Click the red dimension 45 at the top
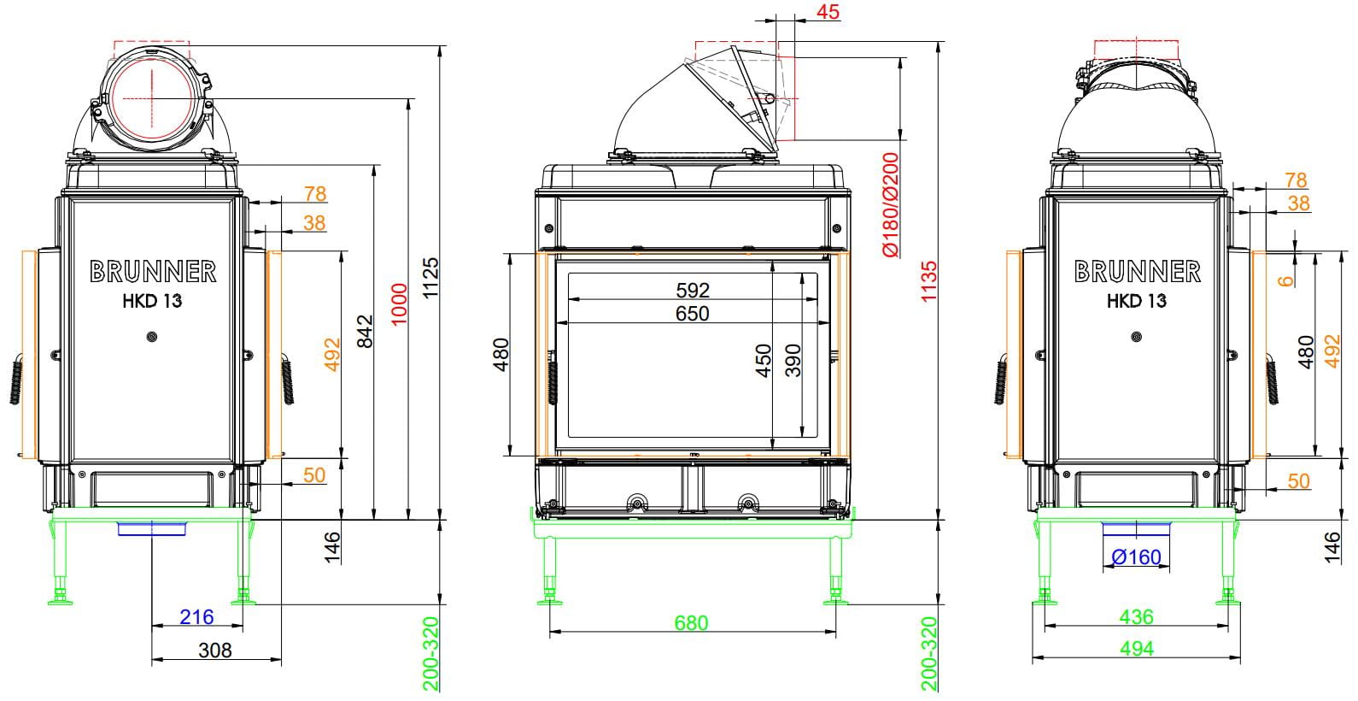click(828, 11)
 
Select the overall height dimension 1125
click(430, 278)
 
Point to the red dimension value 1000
click(398, 304)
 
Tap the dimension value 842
click(365, 332)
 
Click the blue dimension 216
click(196, 616)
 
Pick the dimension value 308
click(214, 650)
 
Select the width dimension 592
click(693, 290)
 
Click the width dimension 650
click(693, 313)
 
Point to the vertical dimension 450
click(764, 361)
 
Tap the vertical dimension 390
click(793, 361)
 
